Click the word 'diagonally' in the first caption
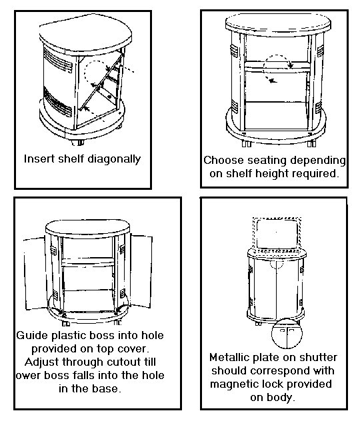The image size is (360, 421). pyautogui.click(x=114, y=159)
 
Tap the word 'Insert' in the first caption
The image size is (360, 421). pyautogui.click(x=39, y=159)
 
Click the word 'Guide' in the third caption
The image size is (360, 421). pyautogui.click(x=32, y=335)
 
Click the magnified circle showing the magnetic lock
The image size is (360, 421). pyautogui.click(x=287, y=333)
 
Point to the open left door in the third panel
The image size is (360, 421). pyautogui.click(x=35, y=273)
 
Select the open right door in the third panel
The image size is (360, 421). pyautogui.click(x=141, y=271)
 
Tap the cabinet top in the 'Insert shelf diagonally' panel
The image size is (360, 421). pyautogui.click(x=85, y=35)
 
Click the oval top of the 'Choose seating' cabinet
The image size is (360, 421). pyautogui.click(x=278, y=24)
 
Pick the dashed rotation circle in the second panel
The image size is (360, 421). pyautogui.click(x=277, y=55)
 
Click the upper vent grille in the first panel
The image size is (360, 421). pyautogui.click(x=58, y=61)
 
